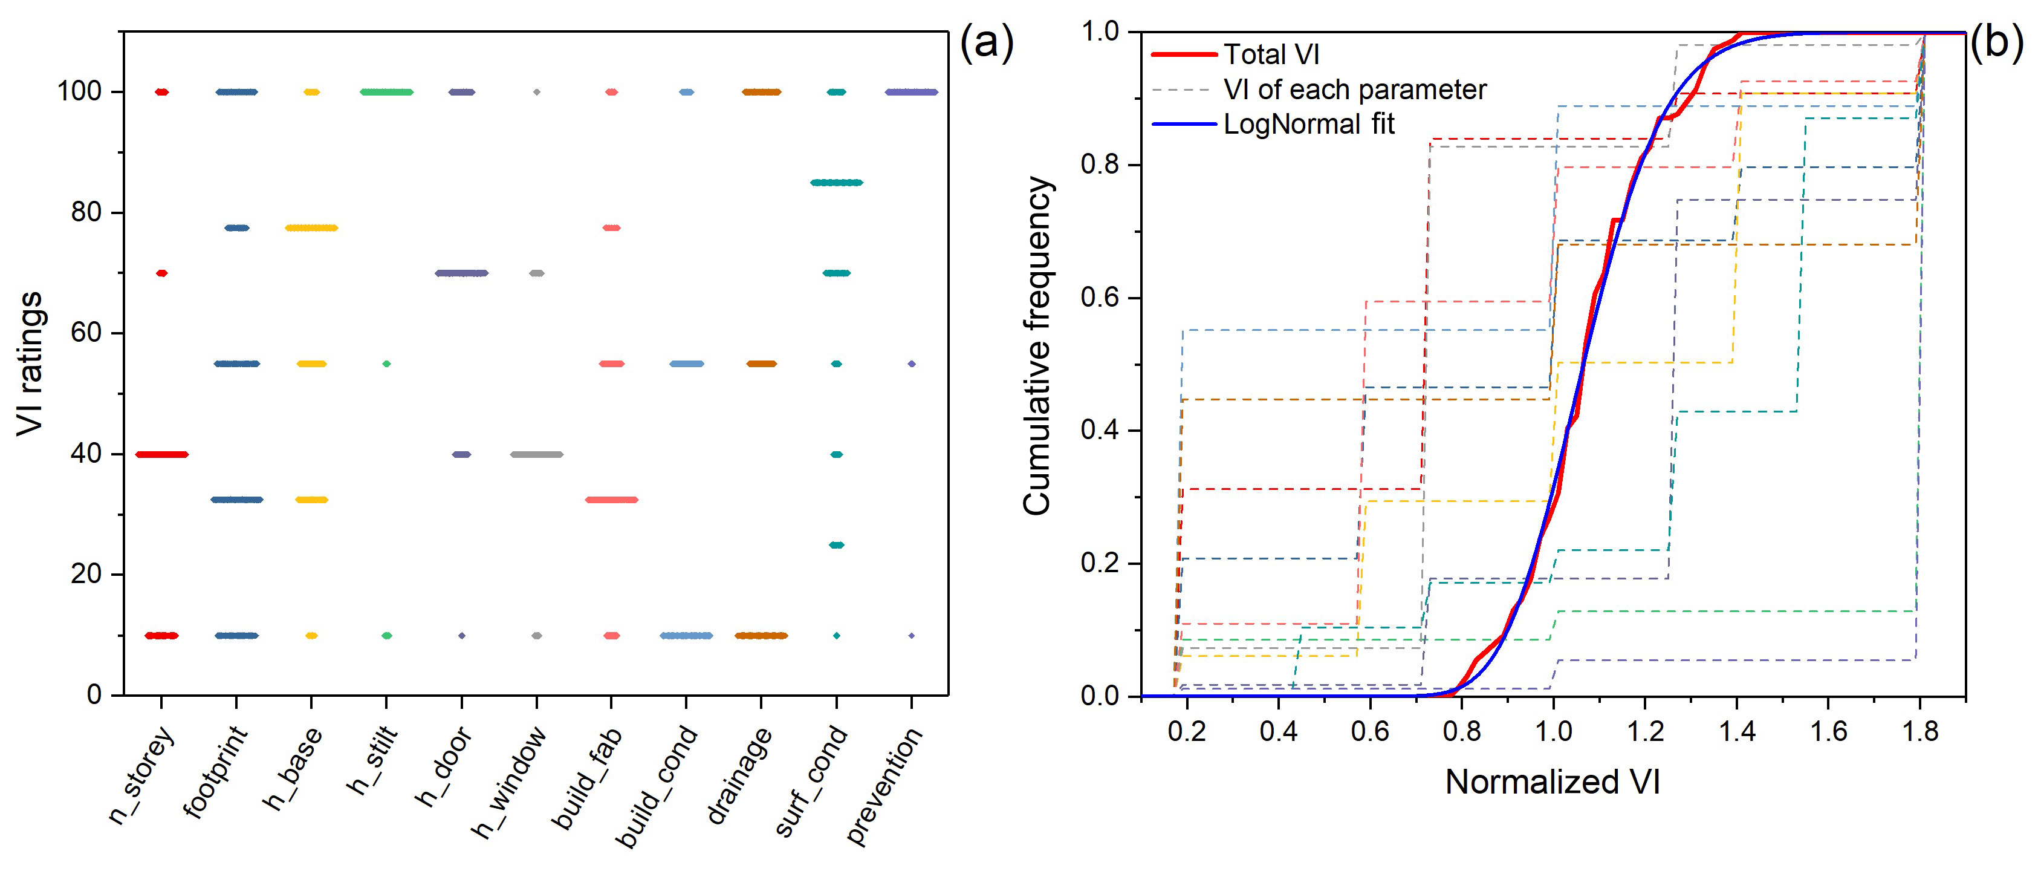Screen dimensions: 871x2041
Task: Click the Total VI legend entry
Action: (x=1271, y=54)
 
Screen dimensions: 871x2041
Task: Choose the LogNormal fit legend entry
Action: (x=1308, y=125)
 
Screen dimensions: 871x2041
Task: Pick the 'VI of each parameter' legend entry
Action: (x=1354, y=90)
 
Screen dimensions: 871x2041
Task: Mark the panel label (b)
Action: (x=1995, y=41)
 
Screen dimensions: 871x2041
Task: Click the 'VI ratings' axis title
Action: (x=30, y=363)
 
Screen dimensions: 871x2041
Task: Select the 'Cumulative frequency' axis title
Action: (x=1037, y=347)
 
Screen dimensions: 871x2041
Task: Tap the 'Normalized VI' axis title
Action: (x=1552, y=782)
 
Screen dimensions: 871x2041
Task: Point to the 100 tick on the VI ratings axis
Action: (x=79, y=92)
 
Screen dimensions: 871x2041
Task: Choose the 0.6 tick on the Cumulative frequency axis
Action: (x=1099, y=298)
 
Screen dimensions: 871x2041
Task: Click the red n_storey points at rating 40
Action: (x=161, y=454)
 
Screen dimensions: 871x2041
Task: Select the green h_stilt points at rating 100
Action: (x=387, y=92)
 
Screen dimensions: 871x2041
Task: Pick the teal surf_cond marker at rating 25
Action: (x=836, y=545)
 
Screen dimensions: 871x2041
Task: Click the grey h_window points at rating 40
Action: (x=536, y=454)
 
